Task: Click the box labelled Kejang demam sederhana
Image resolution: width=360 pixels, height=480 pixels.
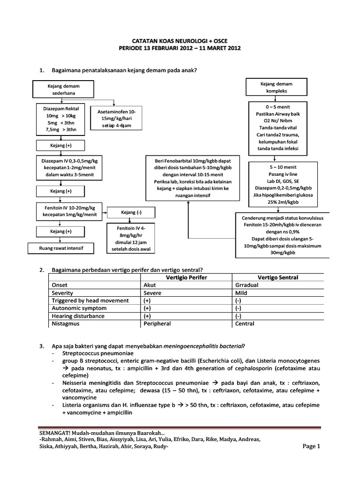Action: pyautogui.click(x=64, y=90)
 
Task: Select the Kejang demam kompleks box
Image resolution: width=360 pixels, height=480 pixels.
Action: pyautogui.click(x=276, y=87)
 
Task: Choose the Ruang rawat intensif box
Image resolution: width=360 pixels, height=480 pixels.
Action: pyautogui.click(x=61, y=248)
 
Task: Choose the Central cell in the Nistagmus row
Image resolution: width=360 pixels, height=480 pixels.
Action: pyautogui.click(x=245, y=323)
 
